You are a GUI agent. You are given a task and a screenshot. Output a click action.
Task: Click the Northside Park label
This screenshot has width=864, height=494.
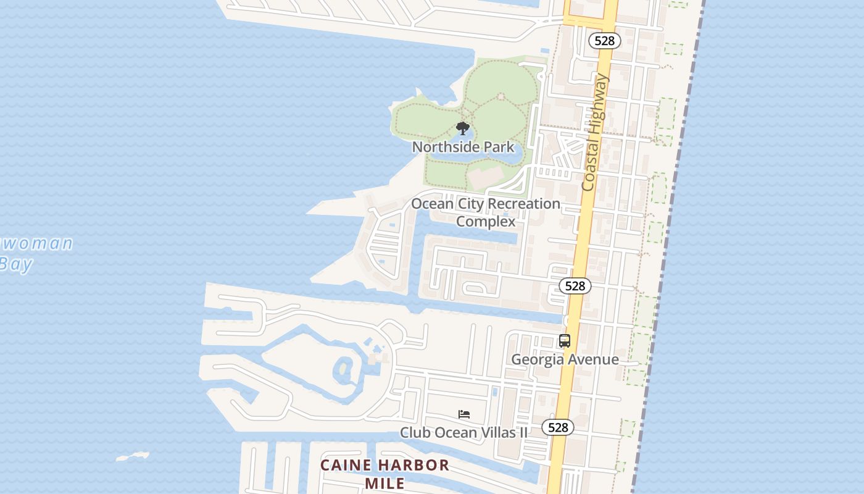pos(463,147)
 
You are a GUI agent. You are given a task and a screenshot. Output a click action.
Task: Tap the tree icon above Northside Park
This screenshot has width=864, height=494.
pos(463,128)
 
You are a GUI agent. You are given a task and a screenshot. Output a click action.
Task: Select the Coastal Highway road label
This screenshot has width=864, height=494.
pos(594,132)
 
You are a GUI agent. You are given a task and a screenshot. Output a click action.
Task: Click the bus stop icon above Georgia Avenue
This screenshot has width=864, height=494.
pos(564,341)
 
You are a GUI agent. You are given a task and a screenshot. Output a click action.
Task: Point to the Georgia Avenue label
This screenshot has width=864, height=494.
pos(565,359)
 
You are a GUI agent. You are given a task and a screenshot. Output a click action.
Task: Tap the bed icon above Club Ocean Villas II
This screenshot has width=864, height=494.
pos(464,414)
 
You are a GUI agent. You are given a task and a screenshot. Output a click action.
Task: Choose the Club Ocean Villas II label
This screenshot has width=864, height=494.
pos(463,432)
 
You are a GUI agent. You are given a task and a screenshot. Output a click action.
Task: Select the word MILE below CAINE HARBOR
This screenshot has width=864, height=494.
pos(384,483)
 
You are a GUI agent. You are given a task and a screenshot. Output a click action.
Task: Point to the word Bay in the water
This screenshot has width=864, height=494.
pos(15,264)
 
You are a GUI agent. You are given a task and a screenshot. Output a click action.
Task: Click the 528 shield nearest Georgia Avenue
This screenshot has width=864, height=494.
pos(575,286)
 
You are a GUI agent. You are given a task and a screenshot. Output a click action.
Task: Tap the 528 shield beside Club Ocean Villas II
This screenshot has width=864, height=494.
pos(558,427)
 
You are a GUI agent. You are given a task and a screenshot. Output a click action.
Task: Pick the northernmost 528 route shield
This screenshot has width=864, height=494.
pos(604,41)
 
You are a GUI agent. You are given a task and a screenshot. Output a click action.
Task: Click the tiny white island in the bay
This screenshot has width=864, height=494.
pos(133,457)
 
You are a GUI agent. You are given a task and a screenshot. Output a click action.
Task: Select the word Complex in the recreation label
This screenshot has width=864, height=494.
pos(486,221)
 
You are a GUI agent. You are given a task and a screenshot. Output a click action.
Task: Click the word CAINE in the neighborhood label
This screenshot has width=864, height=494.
pos(346,466)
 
